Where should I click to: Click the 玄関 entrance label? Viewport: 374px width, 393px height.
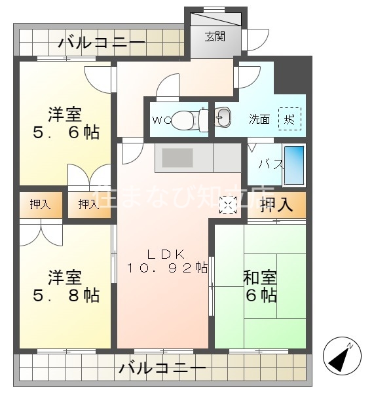click(214, 36)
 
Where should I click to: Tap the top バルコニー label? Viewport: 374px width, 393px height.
click(102, 44)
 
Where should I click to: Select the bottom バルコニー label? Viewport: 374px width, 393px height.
click(162, 369)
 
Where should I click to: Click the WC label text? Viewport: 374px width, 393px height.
click(160, 120)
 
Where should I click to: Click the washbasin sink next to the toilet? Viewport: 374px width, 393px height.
click(223, 118)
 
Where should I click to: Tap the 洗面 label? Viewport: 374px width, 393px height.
click(259, 119)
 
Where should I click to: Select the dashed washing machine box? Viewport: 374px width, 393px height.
click(290, 119)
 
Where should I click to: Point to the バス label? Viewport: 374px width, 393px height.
click(270, 164)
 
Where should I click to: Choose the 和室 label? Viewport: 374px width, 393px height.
click(260, 278)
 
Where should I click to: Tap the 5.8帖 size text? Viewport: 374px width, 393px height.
click(66, 295)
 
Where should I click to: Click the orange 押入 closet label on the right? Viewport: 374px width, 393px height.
click(276, 206)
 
